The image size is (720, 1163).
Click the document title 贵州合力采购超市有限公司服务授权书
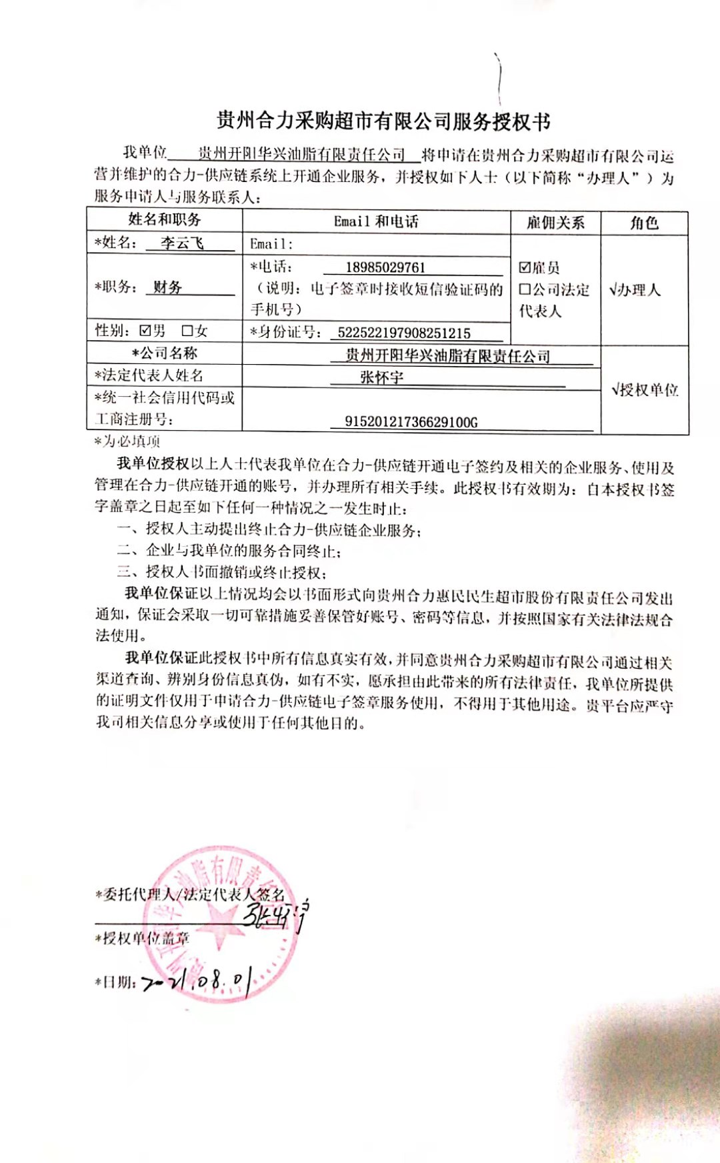click(383, 121)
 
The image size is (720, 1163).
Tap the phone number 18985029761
click(385, 267)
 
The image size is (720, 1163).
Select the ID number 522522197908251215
click(404, 333)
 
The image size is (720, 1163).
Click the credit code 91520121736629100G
click(411, 421)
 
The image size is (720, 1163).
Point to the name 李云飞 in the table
click(182, 243)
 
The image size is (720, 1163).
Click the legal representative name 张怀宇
click(382, 377)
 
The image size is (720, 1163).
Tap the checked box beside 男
click(145, 331)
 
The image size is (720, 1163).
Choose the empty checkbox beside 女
click(187, 331)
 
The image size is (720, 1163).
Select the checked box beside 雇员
click(525, 268)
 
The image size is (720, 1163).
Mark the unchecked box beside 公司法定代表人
click(525, 289)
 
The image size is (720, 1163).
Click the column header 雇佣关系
click(555, 223)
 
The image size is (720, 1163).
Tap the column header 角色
click(644, 223)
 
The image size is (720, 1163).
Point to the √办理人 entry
click(635, 290)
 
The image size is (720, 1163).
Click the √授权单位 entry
click(645, 389)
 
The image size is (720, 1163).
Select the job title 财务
click(167, 287)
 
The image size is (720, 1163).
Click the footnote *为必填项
click(127, 441)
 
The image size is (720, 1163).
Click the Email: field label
click(271, 244)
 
